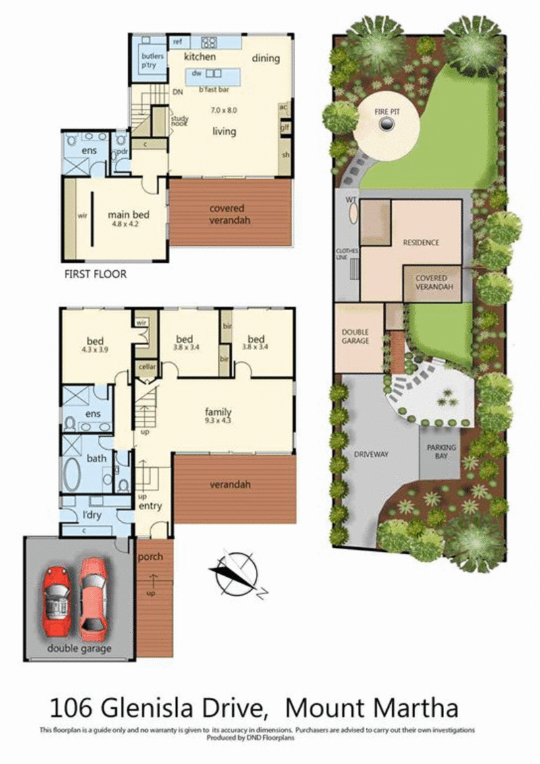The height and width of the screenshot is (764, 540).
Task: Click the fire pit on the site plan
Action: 387,124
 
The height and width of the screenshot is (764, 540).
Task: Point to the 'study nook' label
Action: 180,121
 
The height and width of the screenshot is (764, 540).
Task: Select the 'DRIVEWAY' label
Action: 371,455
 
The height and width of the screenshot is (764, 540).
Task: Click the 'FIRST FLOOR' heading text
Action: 95,274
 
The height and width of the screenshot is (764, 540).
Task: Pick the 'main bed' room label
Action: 128,215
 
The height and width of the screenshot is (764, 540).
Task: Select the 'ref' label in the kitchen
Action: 178,42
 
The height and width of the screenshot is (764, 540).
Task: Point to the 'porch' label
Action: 151,557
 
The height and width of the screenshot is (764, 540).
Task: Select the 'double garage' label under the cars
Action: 79,649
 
